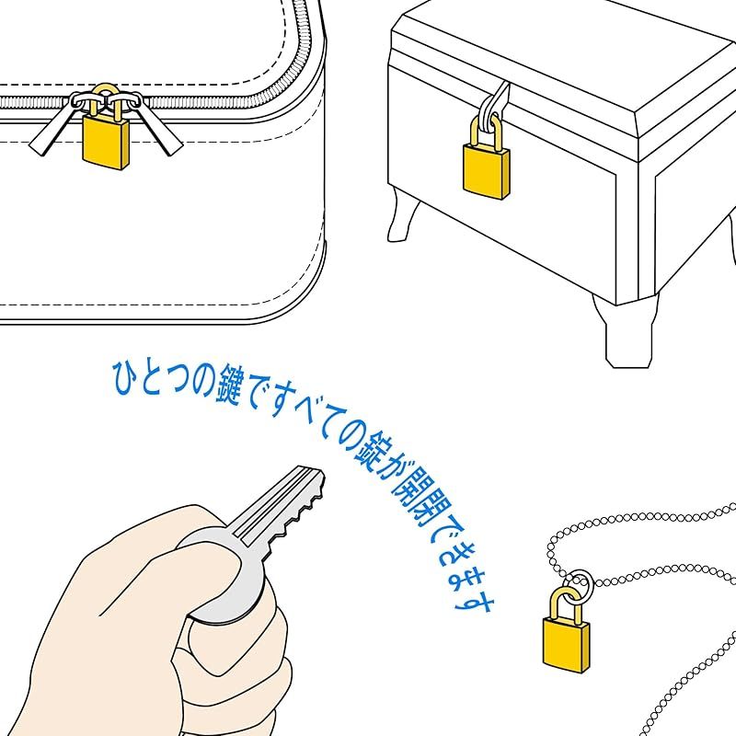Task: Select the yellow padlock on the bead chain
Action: (567, 639)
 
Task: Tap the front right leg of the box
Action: (627, 331)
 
